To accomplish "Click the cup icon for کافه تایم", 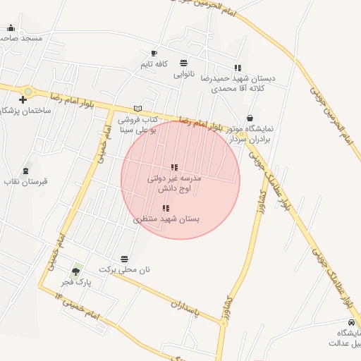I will [x=154, y=53].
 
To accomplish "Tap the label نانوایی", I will [x=184, y=72].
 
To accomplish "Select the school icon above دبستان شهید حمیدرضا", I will [x=237, y=68].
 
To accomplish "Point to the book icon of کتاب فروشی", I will [x=137, y=108].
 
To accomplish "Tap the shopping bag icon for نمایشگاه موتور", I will [x=250, y=118].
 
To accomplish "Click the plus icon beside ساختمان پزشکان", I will [x=23, y=100].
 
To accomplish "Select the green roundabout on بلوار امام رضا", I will [x=28, y=91].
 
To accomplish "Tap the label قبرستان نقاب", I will [x=27, y=181].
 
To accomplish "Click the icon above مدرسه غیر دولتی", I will [x=174, y=168].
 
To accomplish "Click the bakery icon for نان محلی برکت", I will [x=125, y=259].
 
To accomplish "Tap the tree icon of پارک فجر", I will [x=75, y=271].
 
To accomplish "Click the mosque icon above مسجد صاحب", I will [x=11, y=27].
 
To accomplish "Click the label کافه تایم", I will [x=154, y=64].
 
